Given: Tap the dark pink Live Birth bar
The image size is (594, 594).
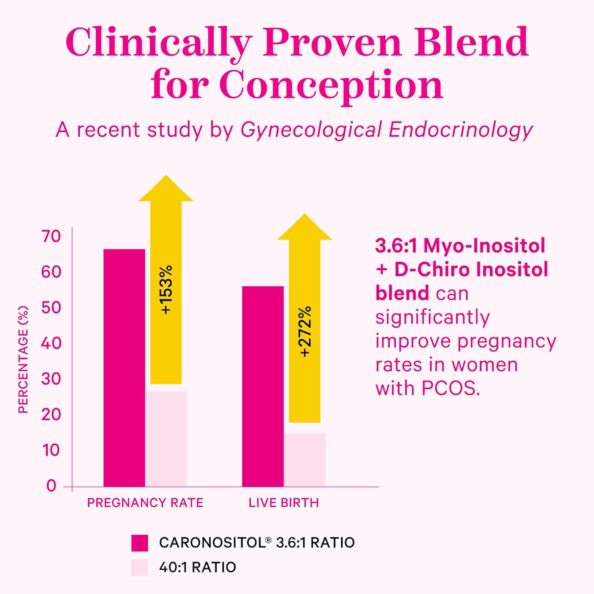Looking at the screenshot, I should click(263, 386).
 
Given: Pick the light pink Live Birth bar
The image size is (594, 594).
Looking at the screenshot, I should click(305, 460).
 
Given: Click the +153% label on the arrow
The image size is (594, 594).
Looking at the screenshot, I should click(166, 290).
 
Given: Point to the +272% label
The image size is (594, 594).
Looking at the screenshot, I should click(305, 332).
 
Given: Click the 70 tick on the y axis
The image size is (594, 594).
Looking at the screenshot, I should click(51, 236).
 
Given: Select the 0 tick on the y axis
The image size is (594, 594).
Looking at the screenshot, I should click(51, 485).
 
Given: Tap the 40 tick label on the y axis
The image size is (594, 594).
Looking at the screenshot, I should click(51, 343).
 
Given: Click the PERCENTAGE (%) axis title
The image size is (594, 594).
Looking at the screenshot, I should click(23, 360).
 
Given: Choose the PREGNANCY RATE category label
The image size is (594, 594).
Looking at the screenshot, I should click(145, 503).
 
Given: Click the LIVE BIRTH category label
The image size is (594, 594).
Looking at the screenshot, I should click(284, 503).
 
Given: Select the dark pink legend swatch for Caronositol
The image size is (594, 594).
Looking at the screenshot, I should click(139, 543).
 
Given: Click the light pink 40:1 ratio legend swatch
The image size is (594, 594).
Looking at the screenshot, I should click(139, 567).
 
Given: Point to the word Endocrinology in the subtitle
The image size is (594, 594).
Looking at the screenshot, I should click(461, 130).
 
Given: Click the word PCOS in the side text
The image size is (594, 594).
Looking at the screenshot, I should click(450, 388).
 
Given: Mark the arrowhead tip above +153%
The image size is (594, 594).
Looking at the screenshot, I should click(166, 177).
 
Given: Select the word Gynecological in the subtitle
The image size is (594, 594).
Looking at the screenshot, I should click(311, 130).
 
